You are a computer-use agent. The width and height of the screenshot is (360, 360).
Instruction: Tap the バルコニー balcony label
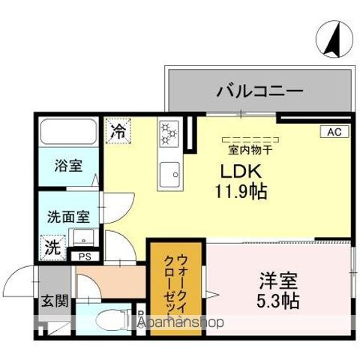click(x=259, y=91)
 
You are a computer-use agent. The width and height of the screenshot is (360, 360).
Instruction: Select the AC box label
click(x=334, y=132)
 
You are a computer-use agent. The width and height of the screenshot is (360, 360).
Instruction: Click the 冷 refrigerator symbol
click(x=118, y=130)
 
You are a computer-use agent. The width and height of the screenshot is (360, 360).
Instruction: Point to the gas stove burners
click(x=168, y=135)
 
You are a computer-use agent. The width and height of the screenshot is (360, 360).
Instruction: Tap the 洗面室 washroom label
click(x=68, y=216)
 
